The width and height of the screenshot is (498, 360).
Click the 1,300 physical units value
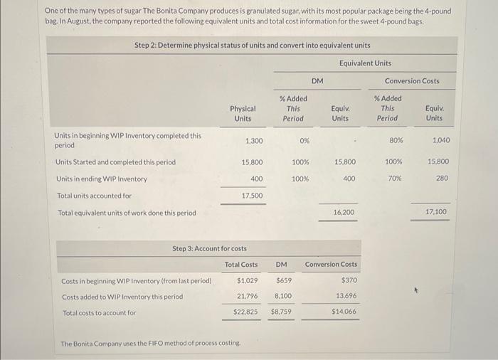click(253, 140)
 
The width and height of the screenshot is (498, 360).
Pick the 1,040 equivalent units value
click(440, 140)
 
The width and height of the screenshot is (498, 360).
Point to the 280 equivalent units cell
click(442, 178)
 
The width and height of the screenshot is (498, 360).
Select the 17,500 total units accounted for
click(252, 195)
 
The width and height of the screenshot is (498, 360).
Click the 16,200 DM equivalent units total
click(344, 212)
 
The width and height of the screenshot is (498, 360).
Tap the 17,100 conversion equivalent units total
click(436, 212)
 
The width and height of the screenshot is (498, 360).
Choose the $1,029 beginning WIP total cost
click(247, 280)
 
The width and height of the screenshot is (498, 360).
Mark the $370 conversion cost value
click(349, 280)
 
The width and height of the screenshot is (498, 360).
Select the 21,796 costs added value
click(247, 296)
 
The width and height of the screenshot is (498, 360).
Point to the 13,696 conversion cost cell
click(345, 296)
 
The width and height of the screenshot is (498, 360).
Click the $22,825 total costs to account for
click(245, 312)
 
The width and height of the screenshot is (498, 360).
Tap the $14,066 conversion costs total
click(344, 312)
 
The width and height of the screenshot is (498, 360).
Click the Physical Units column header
click(243, 113)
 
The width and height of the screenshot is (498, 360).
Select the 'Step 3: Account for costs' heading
click(210, 248)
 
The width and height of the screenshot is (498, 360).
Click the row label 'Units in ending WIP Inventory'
click(101, 178)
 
